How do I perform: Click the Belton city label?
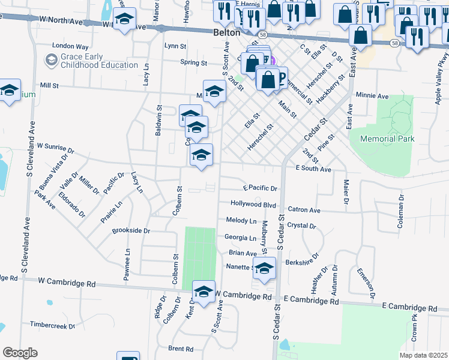pyautogui.click(x=228, y=34)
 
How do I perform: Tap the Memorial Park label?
pyautogui.click(x=387, y=139)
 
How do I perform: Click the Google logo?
pyautogui.click(x=20, y=353)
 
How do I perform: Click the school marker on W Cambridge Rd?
pyautogui.click(x=203, y=292)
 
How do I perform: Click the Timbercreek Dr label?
pyautogui.click(x=53, y=326)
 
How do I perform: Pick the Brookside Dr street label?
pyautogui.click(x=130, y=230)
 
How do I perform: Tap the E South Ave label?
pyautogui.click(x=313, y=170)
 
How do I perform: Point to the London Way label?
pyautogui.click(x=70, y=46)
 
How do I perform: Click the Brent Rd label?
pyautogui.click(x=181, y=349)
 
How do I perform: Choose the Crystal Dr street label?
pyautogui.click(x=301, y=226)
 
